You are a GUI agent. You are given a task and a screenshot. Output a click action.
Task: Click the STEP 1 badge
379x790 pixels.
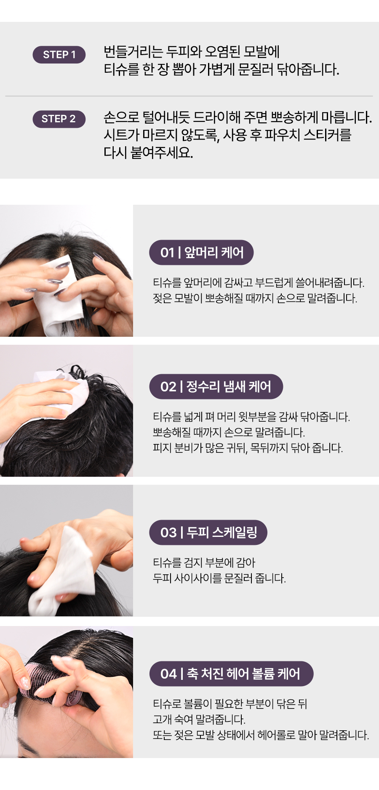[59, 55]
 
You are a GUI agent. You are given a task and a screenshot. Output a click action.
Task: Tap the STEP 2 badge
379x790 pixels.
[59, 119]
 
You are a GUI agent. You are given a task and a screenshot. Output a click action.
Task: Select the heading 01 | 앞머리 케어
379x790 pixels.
[201, 252]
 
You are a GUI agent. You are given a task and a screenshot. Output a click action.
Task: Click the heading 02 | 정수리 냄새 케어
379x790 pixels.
[216, 386]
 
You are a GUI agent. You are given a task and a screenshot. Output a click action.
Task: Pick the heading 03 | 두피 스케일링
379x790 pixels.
[208, 533]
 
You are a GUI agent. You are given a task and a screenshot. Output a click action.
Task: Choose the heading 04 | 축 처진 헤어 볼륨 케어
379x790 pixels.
[231, 674]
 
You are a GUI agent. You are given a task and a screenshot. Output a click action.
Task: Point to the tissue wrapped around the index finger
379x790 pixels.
[63, 572]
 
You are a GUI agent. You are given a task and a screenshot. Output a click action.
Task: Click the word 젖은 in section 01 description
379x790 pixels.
[162, 299]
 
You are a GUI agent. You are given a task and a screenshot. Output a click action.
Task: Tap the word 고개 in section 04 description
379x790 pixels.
[162, 719]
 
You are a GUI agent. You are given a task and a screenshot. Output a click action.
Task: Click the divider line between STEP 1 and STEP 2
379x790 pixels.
[189, 96]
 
